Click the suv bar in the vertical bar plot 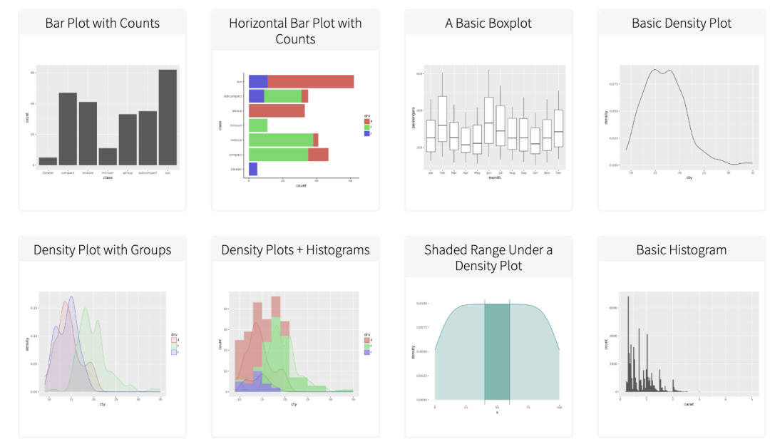click(x=168, y=118)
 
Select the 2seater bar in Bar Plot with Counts click(x=48, y=161)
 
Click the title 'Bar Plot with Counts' click(x=102, y=23)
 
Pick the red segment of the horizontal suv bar click(x=310, y=81)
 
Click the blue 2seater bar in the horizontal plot click(x=253, y=169)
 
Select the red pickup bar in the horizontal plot click(x=277, y=110)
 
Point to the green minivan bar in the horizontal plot click(x=258, y=125)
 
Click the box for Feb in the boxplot click(x=442, y=119)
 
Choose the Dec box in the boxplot click(x=558, y=128)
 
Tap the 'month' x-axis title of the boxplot click(x=494, y=177)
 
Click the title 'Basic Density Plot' click(x=681, y=23)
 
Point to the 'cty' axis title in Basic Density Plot click(x=689, y=177)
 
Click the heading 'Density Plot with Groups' click(x=102, y=250)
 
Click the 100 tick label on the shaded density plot click(x=560, y=408)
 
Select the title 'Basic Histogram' click(x=681, y=250)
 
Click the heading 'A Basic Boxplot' click(x=488, y=23)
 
